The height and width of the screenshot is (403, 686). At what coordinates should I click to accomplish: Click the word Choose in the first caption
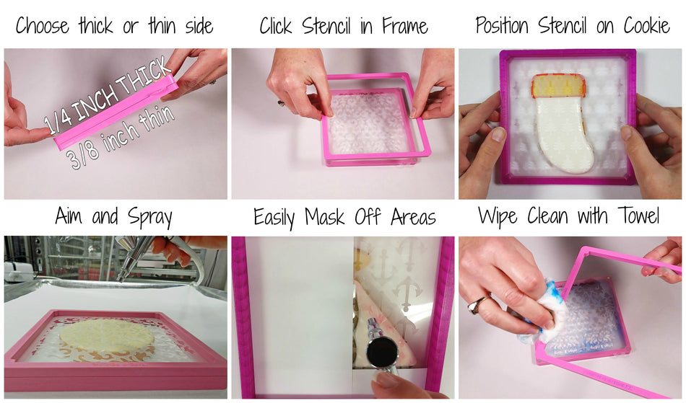[43, 26]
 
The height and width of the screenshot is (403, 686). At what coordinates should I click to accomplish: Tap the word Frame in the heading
[404, 26]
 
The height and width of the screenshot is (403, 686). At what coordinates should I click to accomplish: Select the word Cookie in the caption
[646, 25]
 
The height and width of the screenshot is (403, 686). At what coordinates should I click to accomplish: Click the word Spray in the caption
[150, 217]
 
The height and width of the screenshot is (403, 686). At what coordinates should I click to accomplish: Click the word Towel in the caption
[639, 216]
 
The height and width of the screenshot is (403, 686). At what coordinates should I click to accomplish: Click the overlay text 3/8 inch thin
[122, 137]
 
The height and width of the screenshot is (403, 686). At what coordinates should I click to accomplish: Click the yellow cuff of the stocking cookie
[559, 86]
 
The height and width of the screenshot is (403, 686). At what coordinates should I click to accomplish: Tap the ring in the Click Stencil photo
[281, 104]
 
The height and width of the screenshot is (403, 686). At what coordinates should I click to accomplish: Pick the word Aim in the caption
[69, 216]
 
